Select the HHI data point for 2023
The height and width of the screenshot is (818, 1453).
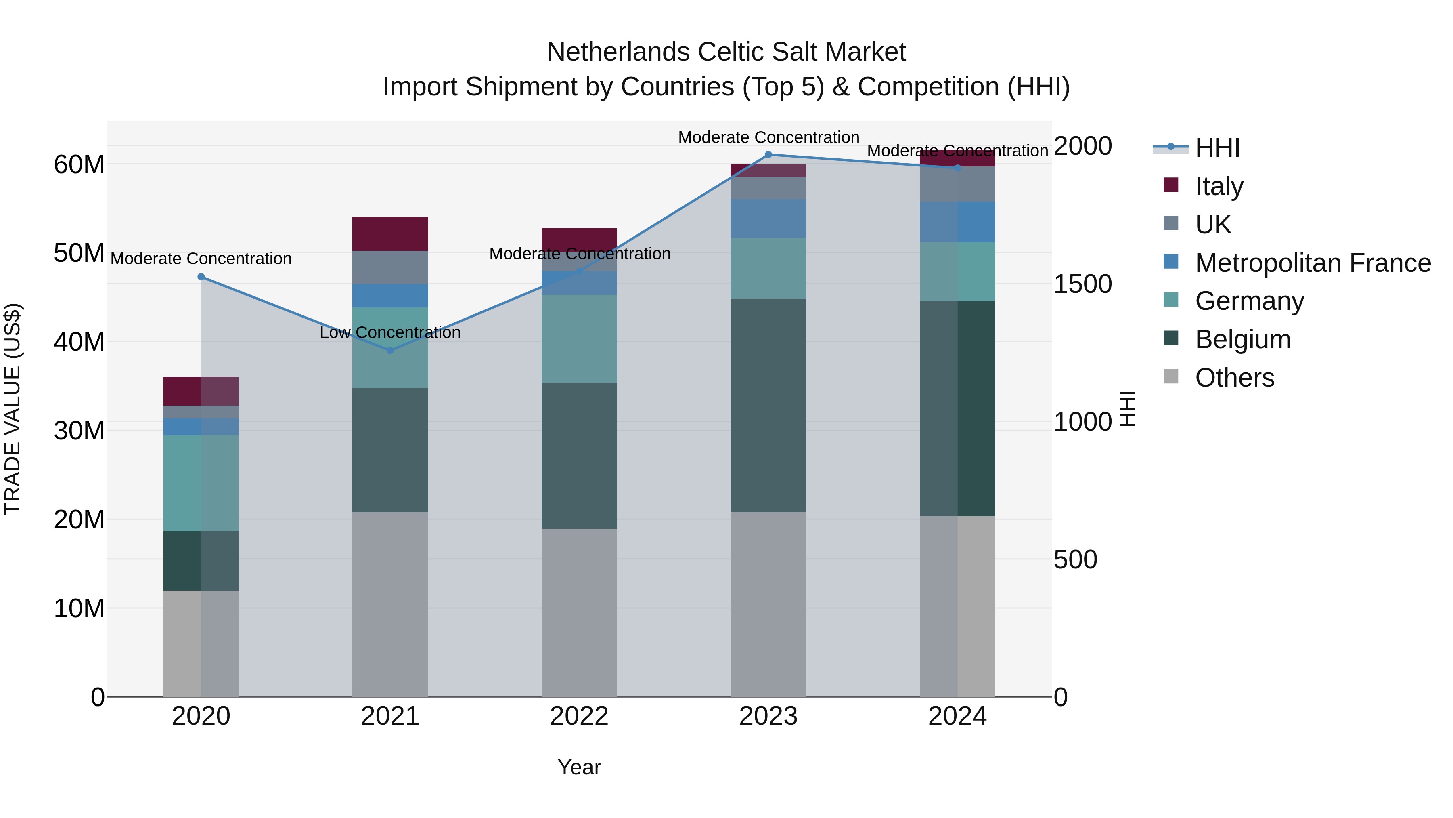tap(768, 155)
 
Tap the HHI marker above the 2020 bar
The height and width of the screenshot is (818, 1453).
tap(201, 277)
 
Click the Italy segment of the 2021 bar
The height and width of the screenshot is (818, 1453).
tap(390, 234)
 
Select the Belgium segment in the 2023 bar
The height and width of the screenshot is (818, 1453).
tap(768, 405)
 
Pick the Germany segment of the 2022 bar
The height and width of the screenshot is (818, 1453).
tap(579, 339)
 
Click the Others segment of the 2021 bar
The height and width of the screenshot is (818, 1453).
tap(390, 604)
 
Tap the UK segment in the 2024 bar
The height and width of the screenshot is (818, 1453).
tap(957, 184)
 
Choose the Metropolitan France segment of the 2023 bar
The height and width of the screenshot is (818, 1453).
tap(768, 219)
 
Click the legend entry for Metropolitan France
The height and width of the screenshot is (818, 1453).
tap(1313, 263)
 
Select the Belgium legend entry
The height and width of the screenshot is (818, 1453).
tap(1243, 339)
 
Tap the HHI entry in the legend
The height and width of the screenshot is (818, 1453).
tap(1217, 148)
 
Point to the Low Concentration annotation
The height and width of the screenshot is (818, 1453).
tap(390, 332)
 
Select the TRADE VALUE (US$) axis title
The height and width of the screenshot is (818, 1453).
tap(13, 409)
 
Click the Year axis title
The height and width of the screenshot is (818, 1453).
tap(579, 767)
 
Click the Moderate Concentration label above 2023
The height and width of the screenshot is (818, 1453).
tap(768, 137)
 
